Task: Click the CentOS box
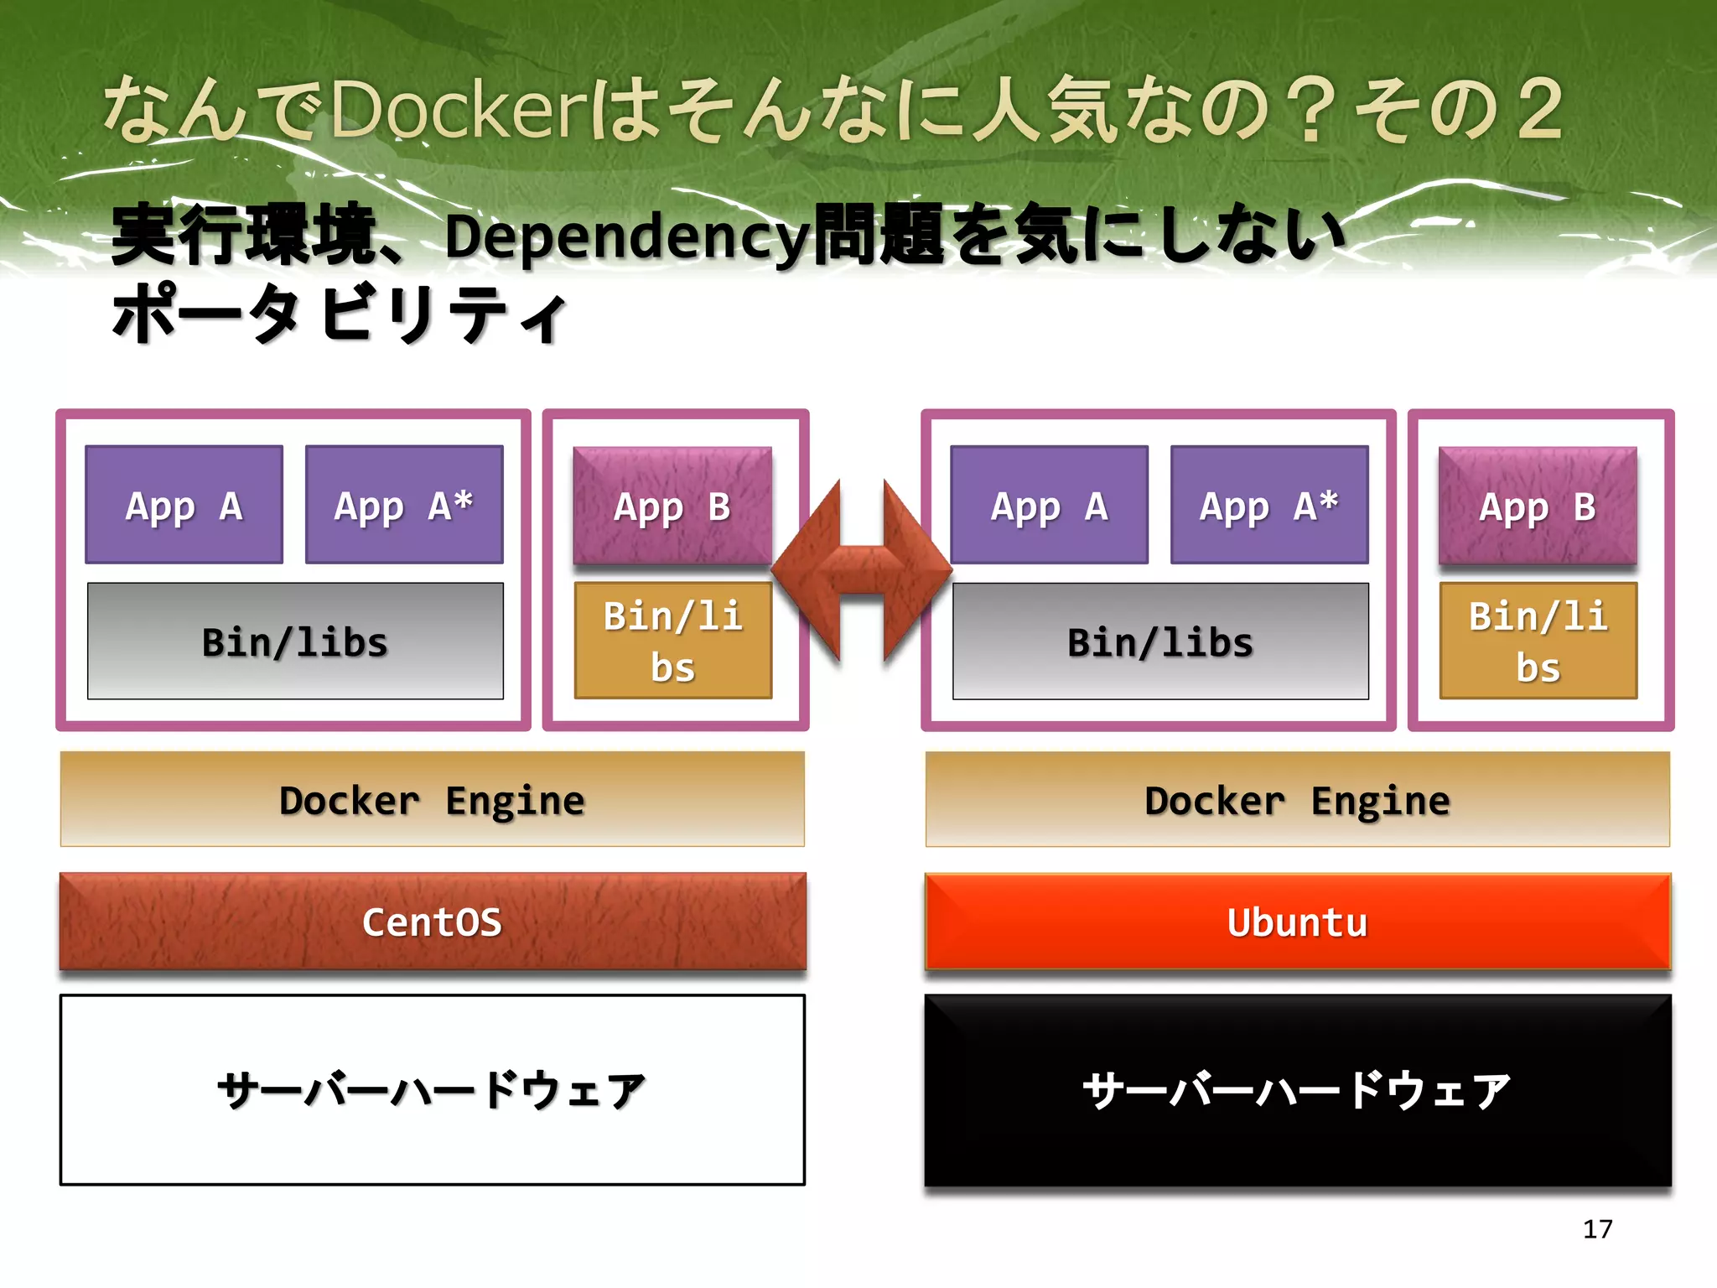point(432,922)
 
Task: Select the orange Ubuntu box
point(1297,922)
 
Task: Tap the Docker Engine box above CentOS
point(432,800)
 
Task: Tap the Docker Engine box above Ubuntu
point(1297,800)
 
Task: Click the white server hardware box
point(432,1090)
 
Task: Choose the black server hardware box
point(1297,1090)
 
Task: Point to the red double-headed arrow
point(862,571)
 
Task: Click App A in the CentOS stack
point(184,505)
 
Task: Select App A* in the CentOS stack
point(404,505)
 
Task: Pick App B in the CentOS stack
point(672,506)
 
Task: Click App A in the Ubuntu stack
point(1049,505)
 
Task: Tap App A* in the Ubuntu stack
point(1269,505)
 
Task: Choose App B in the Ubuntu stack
point(1538,506)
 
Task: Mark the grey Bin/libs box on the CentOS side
point(295,641)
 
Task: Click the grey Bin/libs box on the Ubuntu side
point(1160,641)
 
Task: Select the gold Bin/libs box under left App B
point(672,641)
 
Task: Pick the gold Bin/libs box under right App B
point(1538,641)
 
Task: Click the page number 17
point(1597,1229)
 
